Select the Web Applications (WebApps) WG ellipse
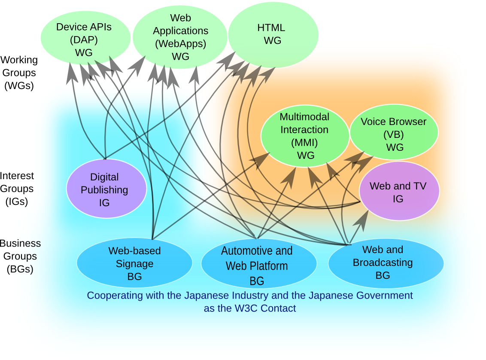click(x=180, y=37)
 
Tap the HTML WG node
click(x=273, y=34)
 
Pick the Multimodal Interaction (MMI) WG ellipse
click(x=305, y=136)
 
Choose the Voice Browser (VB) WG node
click(x=394, y=134)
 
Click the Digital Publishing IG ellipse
click(x=106, y=189)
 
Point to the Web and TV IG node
click(x=399, y=192)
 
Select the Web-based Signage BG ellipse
click(x=134, y=263)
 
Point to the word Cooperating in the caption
click(x=113, y=296)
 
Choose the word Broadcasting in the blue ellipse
click(x=383, y=262)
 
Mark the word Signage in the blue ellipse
click(x=134, y=263)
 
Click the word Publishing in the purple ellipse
click(x=104, y=189)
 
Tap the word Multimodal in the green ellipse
click(x=304, y=117)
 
